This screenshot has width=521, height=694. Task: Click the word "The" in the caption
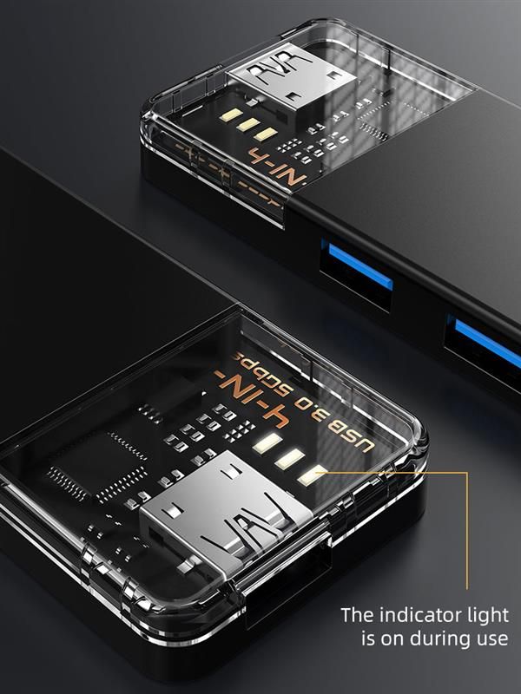tap(357, 615)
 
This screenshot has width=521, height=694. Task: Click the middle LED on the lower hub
tap(290, 460)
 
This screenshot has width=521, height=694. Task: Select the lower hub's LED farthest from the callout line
tap(266, 445)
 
